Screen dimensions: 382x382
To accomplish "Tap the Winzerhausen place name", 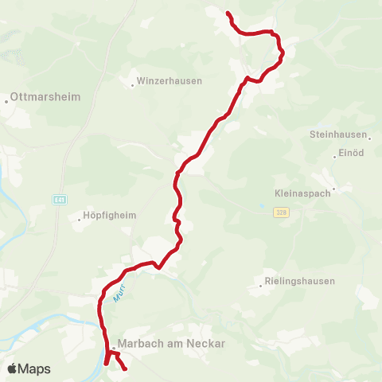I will (x=170, y=81).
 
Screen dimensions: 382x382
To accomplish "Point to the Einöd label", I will (x=351, y=153).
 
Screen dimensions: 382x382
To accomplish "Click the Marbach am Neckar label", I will (x=171, y=344).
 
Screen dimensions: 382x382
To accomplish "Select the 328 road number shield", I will (x=280, y=212).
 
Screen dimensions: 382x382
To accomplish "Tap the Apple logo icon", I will (x=12, y=368).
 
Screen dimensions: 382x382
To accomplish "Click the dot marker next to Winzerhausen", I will (x=132, y=81).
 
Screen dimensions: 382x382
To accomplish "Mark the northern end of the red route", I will (x=228, y=14).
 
